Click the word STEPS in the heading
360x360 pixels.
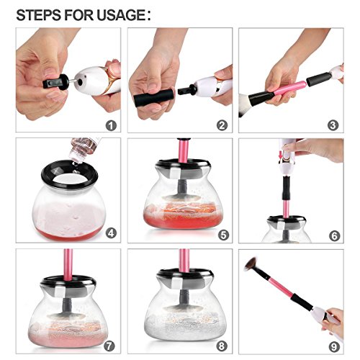[38, 15]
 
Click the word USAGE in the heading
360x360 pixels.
[121, 15]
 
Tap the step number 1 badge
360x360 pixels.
[111, 125]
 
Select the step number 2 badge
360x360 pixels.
[222, 125]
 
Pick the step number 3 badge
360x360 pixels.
[333, 125]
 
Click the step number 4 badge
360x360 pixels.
[111, 233]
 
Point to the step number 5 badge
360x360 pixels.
[223, 235]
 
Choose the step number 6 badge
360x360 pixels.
[335, 235]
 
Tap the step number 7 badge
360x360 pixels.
[109, 346]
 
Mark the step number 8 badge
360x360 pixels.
[222, 346]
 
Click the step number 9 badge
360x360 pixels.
[334, 347]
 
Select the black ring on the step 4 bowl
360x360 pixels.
[70, 174]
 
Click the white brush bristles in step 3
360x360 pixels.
[244, 105]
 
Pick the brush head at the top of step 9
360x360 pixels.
[251, 264]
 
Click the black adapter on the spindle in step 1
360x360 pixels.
[56, 82]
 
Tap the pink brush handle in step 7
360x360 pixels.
[68, 264]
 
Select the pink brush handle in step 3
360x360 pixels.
[289, 88]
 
